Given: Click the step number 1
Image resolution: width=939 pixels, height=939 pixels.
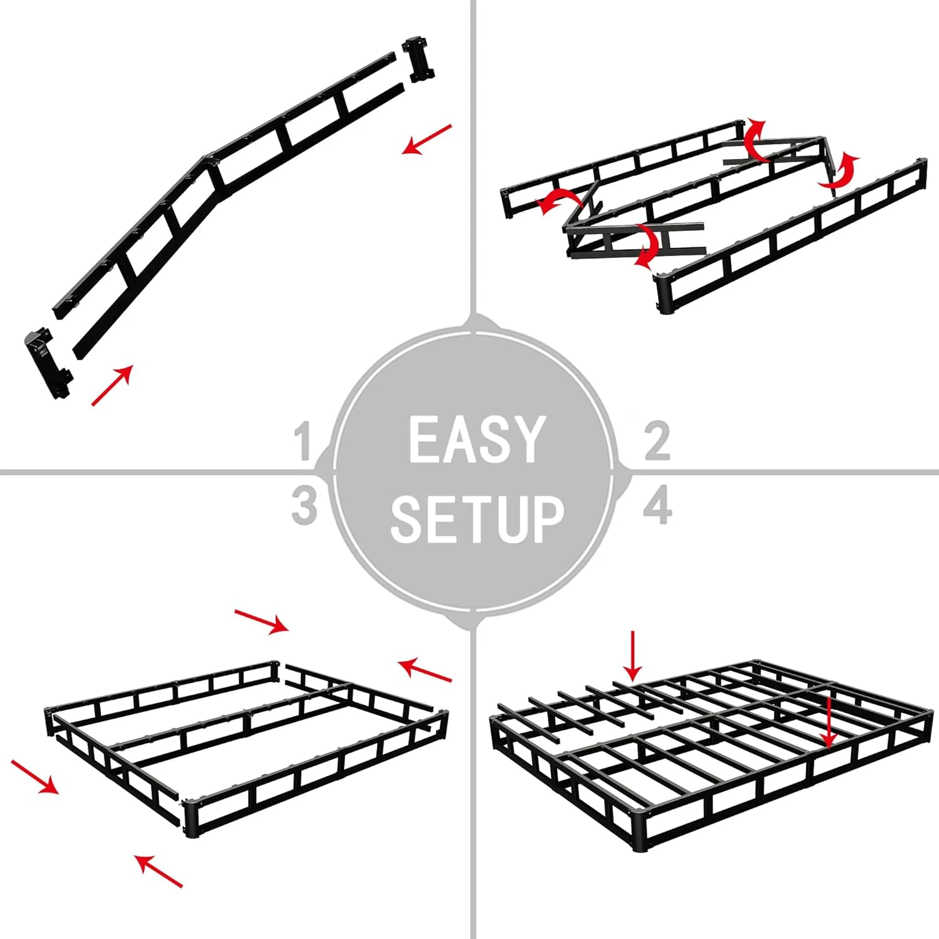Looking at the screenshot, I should tap(304, 441).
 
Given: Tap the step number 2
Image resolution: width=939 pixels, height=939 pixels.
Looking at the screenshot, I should tap(657, 441).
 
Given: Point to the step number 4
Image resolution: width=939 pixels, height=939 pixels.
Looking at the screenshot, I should tap(657, 505).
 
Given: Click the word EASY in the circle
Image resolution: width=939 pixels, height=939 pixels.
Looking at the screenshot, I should tap(476, 440).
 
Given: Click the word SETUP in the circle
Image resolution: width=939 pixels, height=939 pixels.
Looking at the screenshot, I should tap(477, 518).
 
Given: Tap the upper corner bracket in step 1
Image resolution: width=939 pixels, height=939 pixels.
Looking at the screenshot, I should tap(419, 59).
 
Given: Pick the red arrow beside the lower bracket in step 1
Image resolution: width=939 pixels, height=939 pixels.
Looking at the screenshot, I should tap(112, 385).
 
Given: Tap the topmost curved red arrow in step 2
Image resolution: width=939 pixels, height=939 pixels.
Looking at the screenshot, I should tap(755, 139).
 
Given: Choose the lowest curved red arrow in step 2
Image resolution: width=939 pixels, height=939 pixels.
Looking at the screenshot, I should tap(647, 246).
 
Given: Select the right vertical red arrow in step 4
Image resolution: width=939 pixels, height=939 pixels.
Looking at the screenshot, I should tap(829, 723).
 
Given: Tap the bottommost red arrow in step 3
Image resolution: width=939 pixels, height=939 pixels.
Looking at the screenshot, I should tap(159, 871).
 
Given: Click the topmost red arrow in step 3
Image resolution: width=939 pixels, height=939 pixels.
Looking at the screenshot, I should tap(262, 621).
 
